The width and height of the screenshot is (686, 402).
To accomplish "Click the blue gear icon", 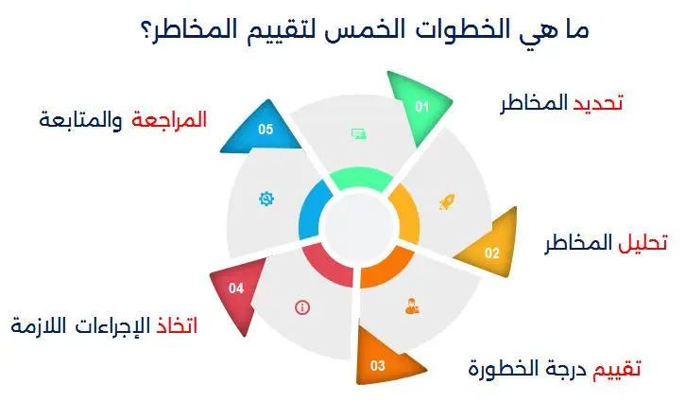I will pyautogui.click(x=266, y=199).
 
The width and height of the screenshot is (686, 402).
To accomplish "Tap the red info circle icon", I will pyautogui.click(x=301, y=306).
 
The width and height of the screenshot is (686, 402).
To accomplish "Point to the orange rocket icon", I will pyautogui.click(x=446, y=201).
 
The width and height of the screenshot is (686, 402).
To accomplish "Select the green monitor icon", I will pyautogui.click(x=358, y=134).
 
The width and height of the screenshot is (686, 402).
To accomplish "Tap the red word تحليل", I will pyautogui.click(x=643, y=243).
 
